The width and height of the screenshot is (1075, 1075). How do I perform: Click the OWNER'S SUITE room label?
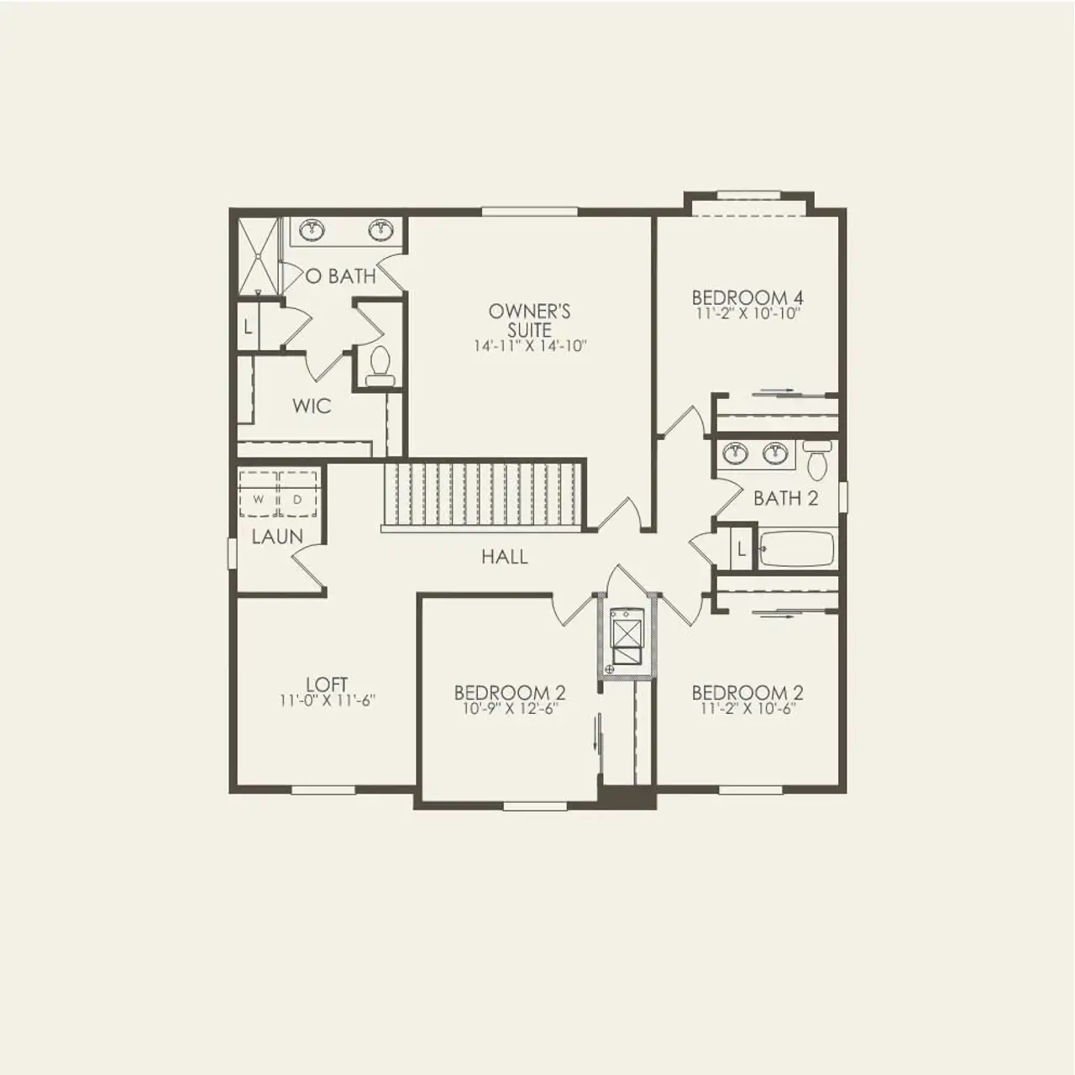point(529,320)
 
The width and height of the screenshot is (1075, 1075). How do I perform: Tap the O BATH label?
point(340,275)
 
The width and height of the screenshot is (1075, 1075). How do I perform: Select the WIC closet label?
point(312,406)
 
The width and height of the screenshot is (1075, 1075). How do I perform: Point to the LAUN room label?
point(277,537)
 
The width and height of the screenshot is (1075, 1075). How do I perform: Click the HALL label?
point(505,557)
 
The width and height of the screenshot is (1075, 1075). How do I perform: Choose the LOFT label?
point(327,684)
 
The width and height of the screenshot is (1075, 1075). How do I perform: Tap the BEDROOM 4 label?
point(747,298)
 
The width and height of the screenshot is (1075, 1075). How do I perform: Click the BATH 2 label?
point(785,498)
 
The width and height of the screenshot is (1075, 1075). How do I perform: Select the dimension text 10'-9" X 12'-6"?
point(510,709)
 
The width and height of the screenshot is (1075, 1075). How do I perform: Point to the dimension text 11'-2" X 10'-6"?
point(747,709)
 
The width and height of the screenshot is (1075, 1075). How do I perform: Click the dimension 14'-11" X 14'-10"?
point(529,346)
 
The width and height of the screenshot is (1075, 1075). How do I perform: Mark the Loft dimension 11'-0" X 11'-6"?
point(327,700)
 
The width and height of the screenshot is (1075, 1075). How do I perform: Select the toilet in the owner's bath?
point(380,365)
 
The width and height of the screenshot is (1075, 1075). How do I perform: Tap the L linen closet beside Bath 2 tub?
point(741,549)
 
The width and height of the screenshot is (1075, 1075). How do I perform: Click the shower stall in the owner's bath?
point(255,256)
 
